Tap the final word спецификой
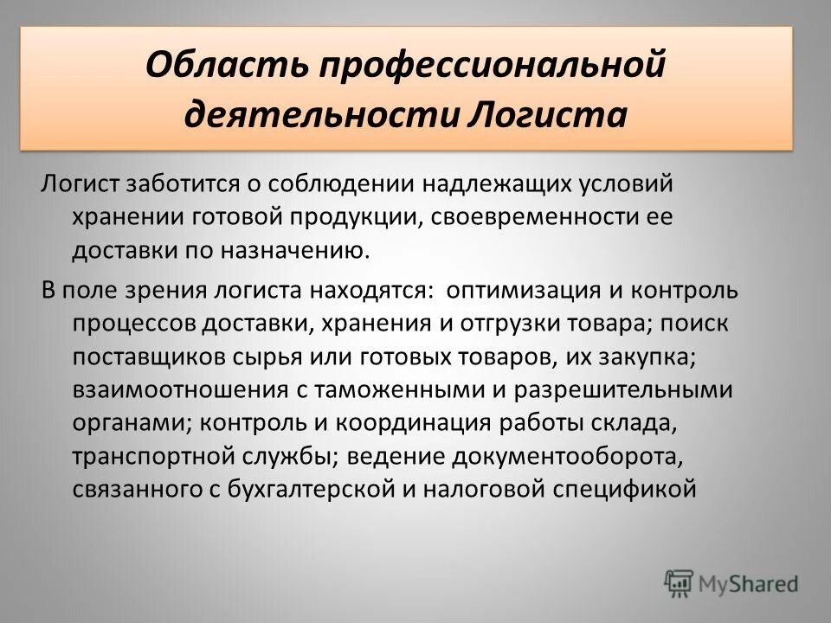tap(622, 490)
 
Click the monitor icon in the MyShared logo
tap(680, 582)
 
